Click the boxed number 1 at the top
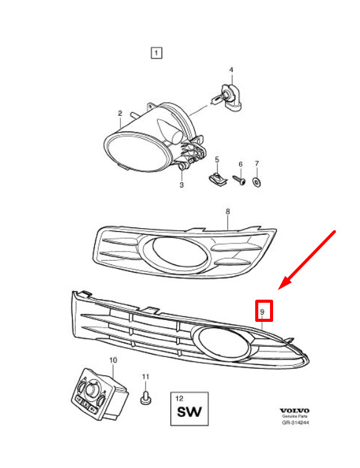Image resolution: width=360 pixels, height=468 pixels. pos(157,53)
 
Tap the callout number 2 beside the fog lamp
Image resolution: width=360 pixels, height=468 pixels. pos(120,113)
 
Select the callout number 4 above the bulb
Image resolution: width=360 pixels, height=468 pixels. pos(231,70)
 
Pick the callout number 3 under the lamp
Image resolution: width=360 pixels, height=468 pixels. pos(181,185)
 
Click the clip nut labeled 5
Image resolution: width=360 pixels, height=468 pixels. pos(218,178)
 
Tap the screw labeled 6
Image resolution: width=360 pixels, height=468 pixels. pos(239,180)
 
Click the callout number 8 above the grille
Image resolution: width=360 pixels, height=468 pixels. pos(227,211)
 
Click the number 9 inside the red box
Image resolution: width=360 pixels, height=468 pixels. pos(263,312)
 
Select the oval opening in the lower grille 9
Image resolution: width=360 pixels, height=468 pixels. pos(223,343)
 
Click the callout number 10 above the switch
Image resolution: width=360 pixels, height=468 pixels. pos(113,360)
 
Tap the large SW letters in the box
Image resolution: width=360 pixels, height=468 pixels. pos(189,412)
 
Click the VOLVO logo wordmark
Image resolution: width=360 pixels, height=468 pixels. pos(294,411)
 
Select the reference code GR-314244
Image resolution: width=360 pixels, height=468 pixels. pos(295,422)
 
